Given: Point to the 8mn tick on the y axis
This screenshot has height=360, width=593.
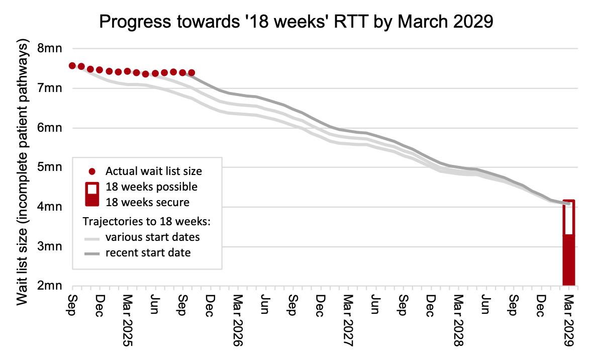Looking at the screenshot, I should coord(50,49).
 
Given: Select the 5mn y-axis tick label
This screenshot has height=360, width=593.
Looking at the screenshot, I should coord(50,167).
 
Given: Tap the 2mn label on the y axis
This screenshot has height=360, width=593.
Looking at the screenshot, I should coord(50,286).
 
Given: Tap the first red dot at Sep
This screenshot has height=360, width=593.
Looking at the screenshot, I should coord(72,66).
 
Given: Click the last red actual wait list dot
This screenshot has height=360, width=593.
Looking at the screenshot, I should coord(191,73).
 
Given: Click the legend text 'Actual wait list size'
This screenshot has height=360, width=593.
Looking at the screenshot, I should coord(154,171).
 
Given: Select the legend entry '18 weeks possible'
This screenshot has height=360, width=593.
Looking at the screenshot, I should coord(151,187).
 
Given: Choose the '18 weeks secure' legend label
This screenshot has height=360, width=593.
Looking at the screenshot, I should coord(148,203).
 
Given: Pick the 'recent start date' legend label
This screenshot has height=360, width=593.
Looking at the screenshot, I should coord(148,253).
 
